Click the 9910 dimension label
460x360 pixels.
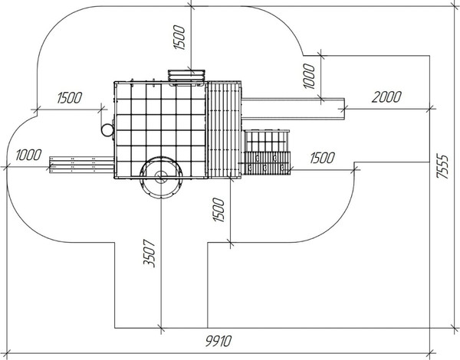tap(219, 341)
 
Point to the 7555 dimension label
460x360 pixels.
tap(442, 166)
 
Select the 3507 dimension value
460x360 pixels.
tap(149, 254)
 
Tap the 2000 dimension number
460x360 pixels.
tap(386, 97)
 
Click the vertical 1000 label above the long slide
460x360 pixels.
tap(309, 76)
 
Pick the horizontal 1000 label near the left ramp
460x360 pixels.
tap(28, 155)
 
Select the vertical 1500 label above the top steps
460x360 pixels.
tap(179, 38)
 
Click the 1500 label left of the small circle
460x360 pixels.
tap(69, 98)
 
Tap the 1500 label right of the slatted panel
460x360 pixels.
tap(322, 158)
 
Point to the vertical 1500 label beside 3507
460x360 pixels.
tap(219, 210)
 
